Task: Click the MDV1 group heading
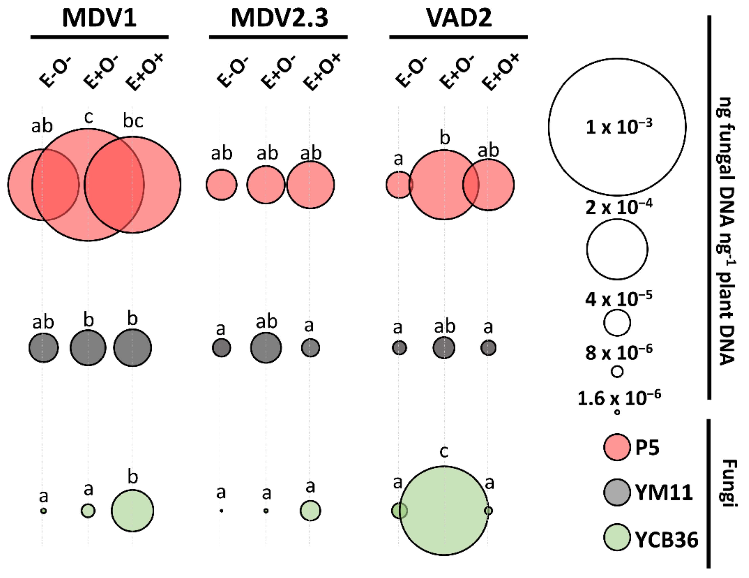point(99,18)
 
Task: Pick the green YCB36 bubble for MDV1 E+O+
point(132,510)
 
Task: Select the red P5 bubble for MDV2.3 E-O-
point(221,185)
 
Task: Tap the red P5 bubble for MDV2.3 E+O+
point(310,185)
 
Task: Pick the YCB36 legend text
point(666,540)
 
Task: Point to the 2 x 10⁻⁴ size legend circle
point(617,249)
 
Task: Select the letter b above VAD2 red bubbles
point(444,138)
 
